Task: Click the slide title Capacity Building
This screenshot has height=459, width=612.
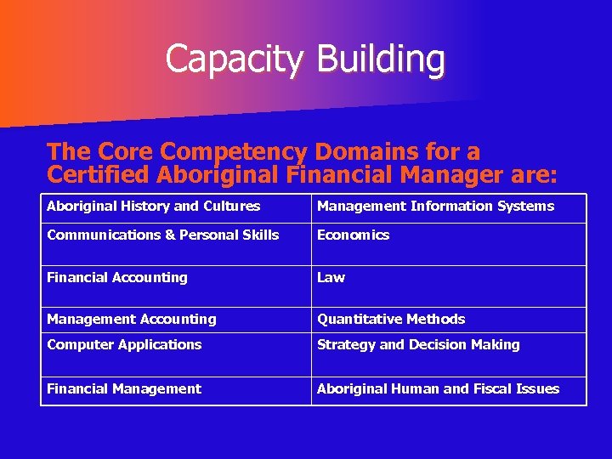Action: pos(304,59)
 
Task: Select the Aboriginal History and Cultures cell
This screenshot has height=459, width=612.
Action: pos(154,207)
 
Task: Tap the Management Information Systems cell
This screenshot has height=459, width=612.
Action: pos(435,207)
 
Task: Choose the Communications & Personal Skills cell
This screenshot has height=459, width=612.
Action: pos(163,235)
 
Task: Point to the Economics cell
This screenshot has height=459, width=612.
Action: pos(354,235)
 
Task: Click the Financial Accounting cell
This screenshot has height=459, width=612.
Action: pos(117,278)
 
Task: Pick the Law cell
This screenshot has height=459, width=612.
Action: pos(331,278)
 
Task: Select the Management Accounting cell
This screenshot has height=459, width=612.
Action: pos(132,320)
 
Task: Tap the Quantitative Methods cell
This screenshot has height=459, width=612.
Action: pos(391,320)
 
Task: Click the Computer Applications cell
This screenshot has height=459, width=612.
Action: pos(124,345)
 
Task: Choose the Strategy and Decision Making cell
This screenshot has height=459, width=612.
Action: pos(418,345)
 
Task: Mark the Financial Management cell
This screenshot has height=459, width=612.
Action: pos(124,389)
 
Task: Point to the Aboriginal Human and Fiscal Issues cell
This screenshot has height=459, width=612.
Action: pos(438,389)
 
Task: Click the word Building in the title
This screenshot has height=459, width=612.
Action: pos(380,59)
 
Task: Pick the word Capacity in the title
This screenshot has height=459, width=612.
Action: pos(235,59)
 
